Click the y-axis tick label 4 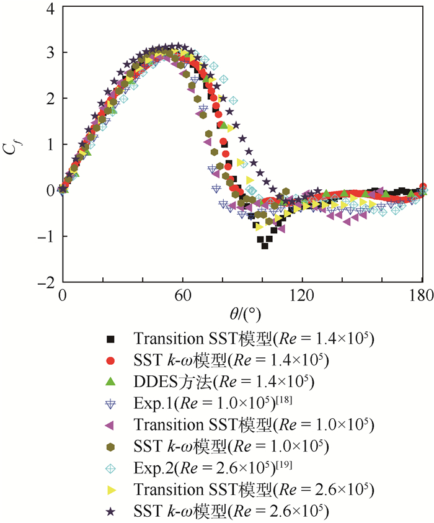(48, 8)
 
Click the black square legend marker (110, 339)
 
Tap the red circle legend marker (110, 360)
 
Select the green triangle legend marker (110, 381)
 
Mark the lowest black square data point (265, 246)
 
